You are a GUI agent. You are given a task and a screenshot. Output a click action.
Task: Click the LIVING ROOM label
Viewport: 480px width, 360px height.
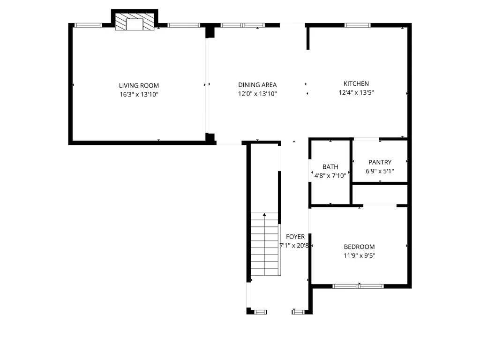pyautogui.click(x=139, y=85)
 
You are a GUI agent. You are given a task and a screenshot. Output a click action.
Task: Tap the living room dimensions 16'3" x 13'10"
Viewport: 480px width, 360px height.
pyautogui.click(x=139, y=94)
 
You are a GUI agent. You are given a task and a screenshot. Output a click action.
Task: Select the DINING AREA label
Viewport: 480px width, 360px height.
pyautogui.click(x=257, y=85)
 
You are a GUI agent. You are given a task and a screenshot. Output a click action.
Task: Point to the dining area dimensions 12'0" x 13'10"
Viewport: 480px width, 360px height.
pyautogui.click(x=257, y=94)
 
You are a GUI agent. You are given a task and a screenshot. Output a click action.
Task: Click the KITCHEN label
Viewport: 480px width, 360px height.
pyautogui.click(x=356, y=83)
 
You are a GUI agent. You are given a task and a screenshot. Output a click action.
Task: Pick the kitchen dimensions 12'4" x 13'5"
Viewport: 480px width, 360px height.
pyautogui.click(x=356, y=92)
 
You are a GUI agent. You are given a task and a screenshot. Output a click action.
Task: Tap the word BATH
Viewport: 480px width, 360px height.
pyautogui.click(x=330, y=167)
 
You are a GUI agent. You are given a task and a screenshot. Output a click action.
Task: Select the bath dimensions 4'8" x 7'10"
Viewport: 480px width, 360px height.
pyautogui.click(x=330, y=176)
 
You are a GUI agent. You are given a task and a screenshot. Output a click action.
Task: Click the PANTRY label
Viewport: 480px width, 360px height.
pyautogui.click(x=380, y=162)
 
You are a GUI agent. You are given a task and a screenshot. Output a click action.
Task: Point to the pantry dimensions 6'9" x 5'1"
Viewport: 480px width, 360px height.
pyautogui.click(x=380, y=171)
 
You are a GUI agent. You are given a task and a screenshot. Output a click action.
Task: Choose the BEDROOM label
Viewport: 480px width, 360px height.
pyautogui.click(x=359, y=247)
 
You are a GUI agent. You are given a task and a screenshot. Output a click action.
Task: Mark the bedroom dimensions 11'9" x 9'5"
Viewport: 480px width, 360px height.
pyautogui.click(x=359, y=255)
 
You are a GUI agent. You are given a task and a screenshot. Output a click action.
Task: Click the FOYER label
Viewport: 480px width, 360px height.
pyautogui.click(x=295, y=237)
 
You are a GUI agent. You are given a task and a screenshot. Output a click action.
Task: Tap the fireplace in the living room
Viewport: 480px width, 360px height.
pyautogui.click(x=135, y=22)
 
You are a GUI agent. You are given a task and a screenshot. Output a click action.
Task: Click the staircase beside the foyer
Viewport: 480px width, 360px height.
pyautogui.click(x=264, y=244)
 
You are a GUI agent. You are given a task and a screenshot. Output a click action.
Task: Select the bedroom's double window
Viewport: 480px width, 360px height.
pyautogui.click(x=358, y=286)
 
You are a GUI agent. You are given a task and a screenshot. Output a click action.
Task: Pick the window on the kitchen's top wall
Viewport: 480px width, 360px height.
pyautogui.click(x=357, y=25)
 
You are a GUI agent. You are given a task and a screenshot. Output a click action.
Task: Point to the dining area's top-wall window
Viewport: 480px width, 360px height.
pyautogui.click(x=242, y=25)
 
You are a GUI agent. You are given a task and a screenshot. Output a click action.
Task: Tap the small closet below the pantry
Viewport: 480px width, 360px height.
pyautogui.click(x=380, y=194)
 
